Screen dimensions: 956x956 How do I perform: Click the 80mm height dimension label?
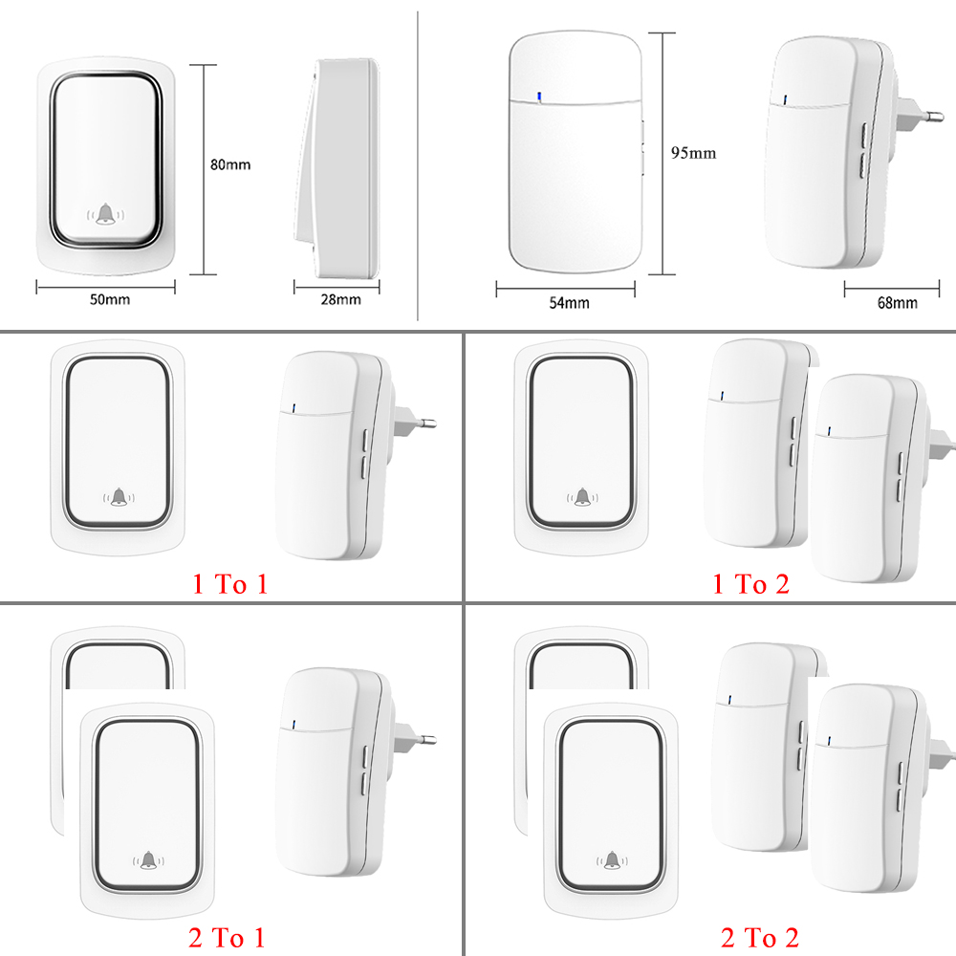coord(230,164)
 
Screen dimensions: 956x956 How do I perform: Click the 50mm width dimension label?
coord(110,300)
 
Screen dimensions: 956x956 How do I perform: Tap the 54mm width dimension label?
coord(569,303)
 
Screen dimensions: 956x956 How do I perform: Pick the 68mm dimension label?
coord(897,303)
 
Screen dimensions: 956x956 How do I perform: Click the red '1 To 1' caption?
coord(230,584)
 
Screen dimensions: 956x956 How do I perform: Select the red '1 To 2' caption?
coord(751,584)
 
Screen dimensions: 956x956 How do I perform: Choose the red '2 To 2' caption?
coord(759,938)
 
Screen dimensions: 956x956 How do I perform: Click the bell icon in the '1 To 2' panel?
coord(581,496)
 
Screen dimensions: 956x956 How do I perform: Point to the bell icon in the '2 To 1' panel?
coord(147,861)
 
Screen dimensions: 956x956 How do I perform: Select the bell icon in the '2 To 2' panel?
coord(609,861)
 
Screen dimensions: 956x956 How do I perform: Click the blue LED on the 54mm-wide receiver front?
coord(539,96)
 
